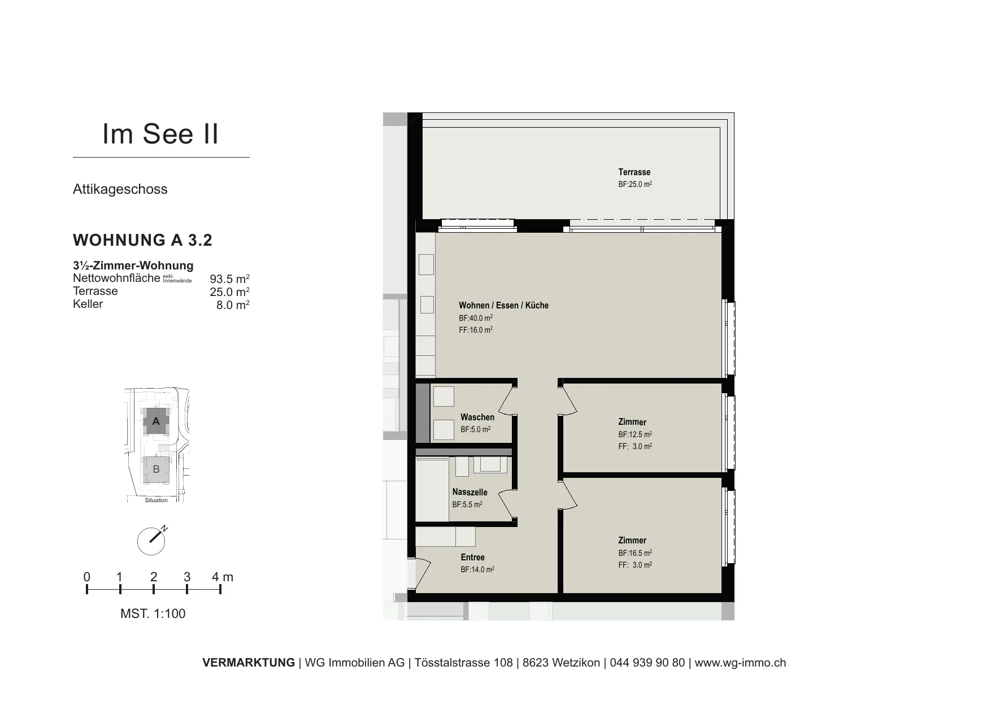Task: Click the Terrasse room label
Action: pyautogui.click(x=634, y=172)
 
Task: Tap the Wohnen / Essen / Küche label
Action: pyautogui.click(x=503, y=306)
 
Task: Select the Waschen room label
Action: pyautogui.click(x=477, y=417)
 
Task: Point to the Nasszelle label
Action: pyautogui.click(x=470, y=492)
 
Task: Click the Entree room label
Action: pyautogui.click(x=472, y=558)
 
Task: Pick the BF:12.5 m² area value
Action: pyautogui.click(x=635, y=434)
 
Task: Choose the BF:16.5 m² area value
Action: pyautogui.click(x=635, y=553)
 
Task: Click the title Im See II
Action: pyautogui.click(x=160, y=134)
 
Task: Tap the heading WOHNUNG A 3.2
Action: pyautogui.click(x=142, y=240)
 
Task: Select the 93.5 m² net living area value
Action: pyautogui.click(x=229, y=278)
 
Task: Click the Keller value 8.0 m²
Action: pyautogui.click(x=233, y=304)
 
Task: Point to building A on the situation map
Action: pyautogui.click(x=157, y=421)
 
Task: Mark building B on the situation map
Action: pyautogui.click(x=157, y=469)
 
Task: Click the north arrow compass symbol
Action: pyautogui.click(x=152, y=541)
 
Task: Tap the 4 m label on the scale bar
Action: pyautogui.click(x=223, y=577)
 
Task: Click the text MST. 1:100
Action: pyautogui.click(x=153, y=613)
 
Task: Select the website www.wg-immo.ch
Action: pyautogui.click(x=740, y=663)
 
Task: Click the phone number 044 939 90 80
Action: pyautogui.click(x=647, y=663)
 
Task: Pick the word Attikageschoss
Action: pyautogui.click(x=120, y=189)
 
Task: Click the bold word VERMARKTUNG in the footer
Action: pyautogui.click(x=249, y=663)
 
